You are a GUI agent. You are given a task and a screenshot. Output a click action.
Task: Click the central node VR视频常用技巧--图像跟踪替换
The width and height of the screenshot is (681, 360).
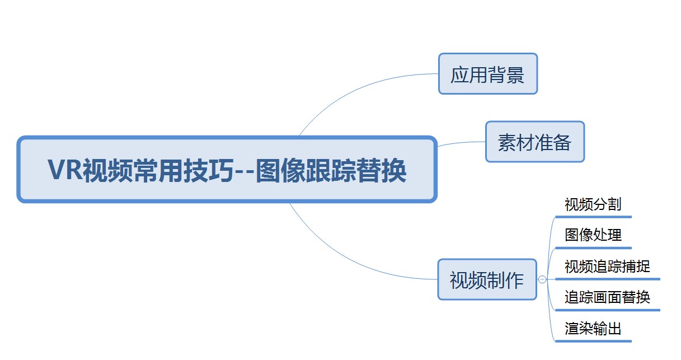point(227,169)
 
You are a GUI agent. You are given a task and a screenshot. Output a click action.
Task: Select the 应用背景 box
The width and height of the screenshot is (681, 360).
point(488,74)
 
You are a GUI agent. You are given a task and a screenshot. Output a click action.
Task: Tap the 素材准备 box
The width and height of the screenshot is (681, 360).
point(535,142)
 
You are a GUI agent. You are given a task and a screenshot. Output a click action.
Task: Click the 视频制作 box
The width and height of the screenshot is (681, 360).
point(487,279)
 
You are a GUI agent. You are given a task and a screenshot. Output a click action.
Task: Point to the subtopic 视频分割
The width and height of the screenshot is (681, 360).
point(593,204)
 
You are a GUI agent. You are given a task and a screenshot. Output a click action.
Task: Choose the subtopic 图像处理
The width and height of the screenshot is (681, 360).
point(593,235)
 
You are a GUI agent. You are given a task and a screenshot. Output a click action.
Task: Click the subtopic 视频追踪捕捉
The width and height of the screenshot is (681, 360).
point(607,267)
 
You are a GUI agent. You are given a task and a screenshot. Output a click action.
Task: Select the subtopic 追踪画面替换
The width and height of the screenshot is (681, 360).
point(607,297)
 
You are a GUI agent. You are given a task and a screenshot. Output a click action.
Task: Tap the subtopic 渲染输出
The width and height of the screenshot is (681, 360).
point(593,329)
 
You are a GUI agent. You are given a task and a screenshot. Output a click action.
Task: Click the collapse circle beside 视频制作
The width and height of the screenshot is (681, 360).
point(542,279)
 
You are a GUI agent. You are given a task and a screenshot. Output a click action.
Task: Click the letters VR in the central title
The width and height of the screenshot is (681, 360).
point(65,170)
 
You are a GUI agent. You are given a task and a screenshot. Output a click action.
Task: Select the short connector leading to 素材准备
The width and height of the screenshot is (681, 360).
point(461,143)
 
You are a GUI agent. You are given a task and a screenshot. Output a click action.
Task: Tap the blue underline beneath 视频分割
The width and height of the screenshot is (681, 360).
point(594,217)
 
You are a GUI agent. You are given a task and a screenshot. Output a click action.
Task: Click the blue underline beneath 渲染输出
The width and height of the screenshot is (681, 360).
point(594,341)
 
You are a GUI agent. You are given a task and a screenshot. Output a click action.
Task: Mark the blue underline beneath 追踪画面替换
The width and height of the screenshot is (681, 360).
point(608,310)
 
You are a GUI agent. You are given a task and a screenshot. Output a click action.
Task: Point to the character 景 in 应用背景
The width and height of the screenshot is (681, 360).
point(515,75)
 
